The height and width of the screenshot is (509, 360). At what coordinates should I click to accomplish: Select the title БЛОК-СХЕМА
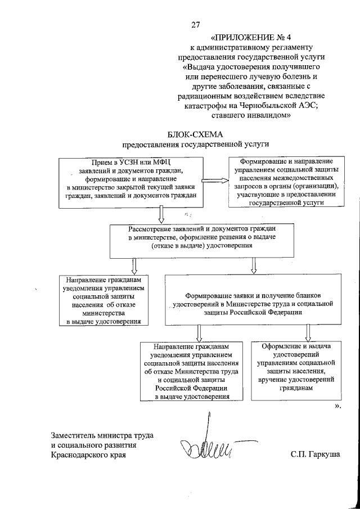196,134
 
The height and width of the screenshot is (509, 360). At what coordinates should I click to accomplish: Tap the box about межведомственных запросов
283,182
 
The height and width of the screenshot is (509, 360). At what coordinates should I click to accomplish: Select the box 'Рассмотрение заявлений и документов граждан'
196,238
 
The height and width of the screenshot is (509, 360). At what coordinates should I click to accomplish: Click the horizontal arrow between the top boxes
214,181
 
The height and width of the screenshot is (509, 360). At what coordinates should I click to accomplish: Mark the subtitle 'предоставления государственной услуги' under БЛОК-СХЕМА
196,144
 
